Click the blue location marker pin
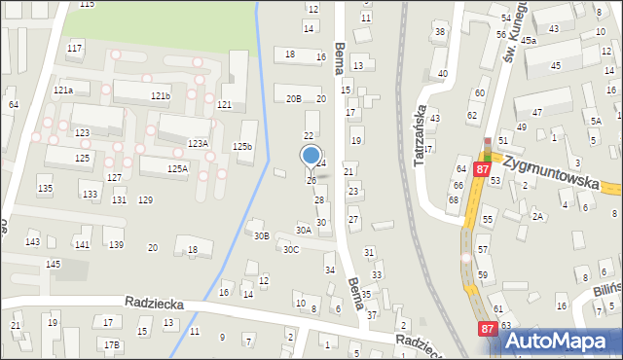point(311,156)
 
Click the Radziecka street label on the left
point(155,304)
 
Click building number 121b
point(161,96)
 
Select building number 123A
point(198,143)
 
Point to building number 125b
point(242,147)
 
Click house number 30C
point(291,249)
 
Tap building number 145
point(53,265)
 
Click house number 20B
point(293,99)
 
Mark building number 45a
point(528,41)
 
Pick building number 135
point(45,188)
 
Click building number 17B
point(112,344)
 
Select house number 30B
point(260,235)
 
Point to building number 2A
point(536,217)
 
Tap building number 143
point(33,241)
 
